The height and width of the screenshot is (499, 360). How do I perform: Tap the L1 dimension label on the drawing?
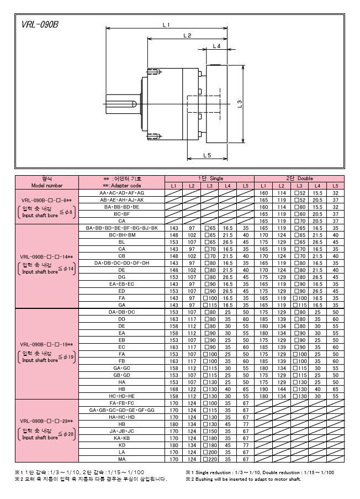click(x=166, y=24)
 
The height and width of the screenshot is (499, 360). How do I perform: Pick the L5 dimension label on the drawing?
click(x=207, y=156)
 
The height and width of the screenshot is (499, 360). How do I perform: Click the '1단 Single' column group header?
click(x=209, y=178)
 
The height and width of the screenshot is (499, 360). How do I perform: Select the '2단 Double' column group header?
click(x=299, y=178)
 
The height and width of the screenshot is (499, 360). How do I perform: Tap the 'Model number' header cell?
click(x=47, y=186)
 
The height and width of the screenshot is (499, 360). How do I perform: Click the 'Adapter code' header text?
click(x=122, y=186)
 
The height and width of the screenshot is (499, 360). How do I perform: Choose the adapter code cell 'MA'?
click(x=122, y=459)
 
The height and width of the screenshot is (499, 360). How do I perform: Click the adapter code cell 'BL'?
click(x=122, y=241)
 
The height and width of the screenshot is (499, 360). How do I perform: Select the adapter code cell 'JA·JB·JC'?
click(x=122, y=430)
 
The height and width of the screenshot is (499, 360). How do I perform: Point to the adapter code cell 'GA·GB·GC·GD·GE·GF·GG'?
click(x=122, y=410)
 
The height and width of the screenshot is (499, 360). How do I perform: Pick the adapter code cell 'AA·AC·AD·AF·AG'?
click(x=122, y=193)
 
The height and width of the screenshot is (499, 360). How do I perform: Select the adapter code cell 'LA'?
click(x=122, y=451)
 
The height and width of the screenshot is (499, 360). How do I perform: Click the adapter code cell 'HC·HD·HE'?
click(x=122, y=396)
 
